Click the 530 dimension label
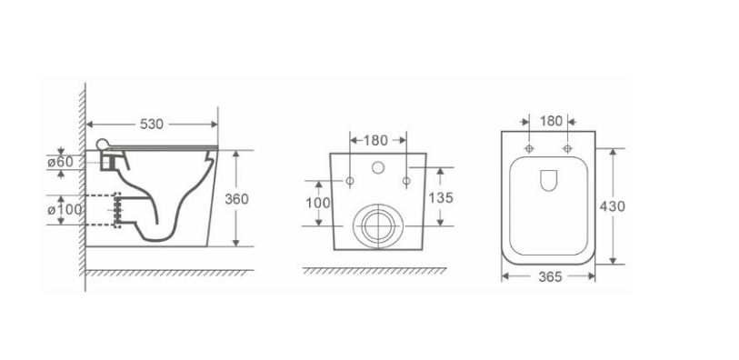coord(152,125)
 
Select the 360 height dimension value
coord(236,199)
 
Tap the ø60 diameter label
coord(60,162)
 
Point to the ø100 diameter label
coord(65,209)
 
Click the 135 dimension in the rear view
coord(441,198)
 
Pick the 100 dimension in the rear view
coord(318,203)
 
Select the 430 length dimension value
coord(613,206)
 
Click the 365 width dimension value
coord(550,277)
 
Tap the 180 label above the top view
coord(551,122)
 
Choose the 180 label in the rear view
coord(375,140)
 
